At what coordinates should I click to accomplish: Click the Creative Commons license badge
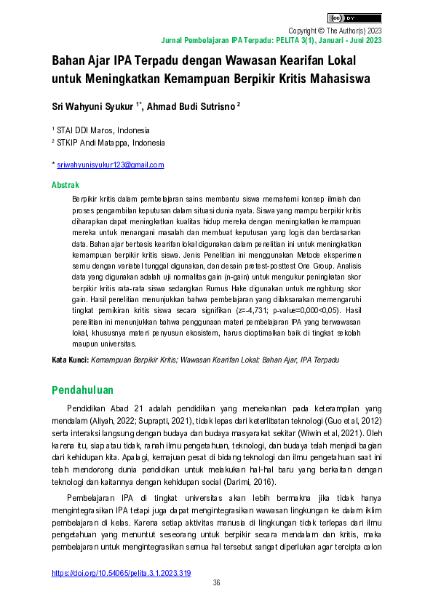click(x=354, y=17)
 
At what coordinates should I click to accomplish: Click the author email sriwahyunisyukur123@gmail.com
click(x=110, y=165)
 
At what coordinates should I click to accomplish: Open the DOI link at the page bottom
click(x=122, y=573)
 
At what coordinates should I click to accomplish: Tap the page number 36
click(x=216, y=583)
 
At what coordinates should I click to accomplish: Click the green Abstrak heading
click(x=65, y=186)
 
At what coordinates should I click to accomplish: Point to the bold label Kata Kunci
click(x=70, y=360)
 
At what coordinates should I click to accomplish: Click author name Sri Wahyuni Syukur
click(x=92, y=106)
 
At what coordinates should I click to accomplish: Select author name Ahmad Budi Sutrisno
click(x=191, y=106)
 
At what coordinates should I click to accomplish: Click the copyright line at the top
click(x=335, y=31)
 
